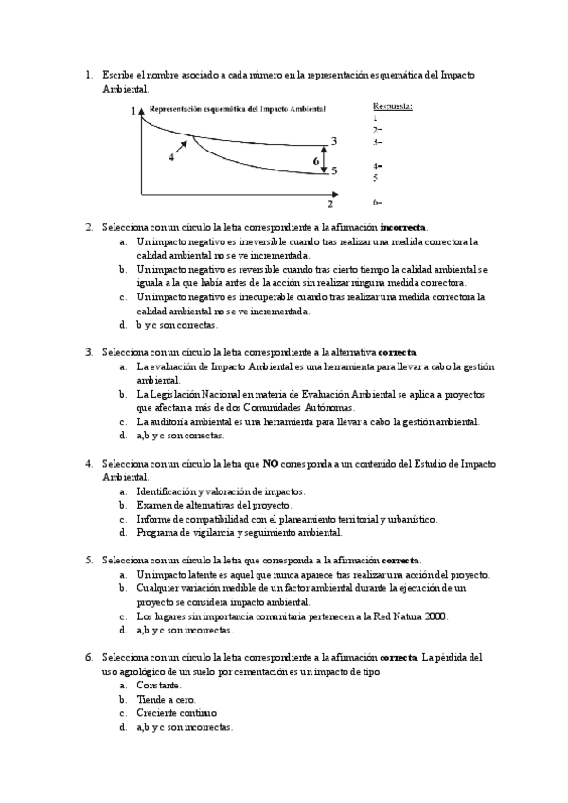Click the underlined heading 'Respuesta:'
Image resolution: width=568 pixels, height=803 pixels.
pos(392,107)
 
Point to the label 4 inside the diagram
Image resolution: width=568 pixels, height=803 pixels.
pos(171,158)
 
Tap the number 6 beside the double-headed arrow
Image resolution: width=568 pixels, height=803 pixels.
pos(316,162)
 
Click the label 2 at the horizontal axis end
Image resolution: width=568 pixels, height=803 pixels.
pos(330,204)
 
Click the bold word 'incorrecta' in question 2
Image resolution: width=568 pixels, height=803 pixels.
pos(402,227)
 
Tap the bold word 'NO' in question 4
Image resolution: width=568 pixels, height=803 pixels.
pos(270,464)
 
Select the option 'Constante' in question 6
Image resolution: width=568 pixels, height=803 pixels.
pos(159,685)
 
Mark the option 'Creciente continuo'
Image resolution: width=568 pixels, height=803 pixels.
pos(176,713)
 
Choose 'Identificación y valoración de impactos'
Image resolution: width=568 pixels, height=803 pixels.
pos(220,491)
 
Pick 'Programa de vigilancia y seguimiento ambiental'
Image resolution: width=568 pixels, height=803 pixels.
pos(238,533)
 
